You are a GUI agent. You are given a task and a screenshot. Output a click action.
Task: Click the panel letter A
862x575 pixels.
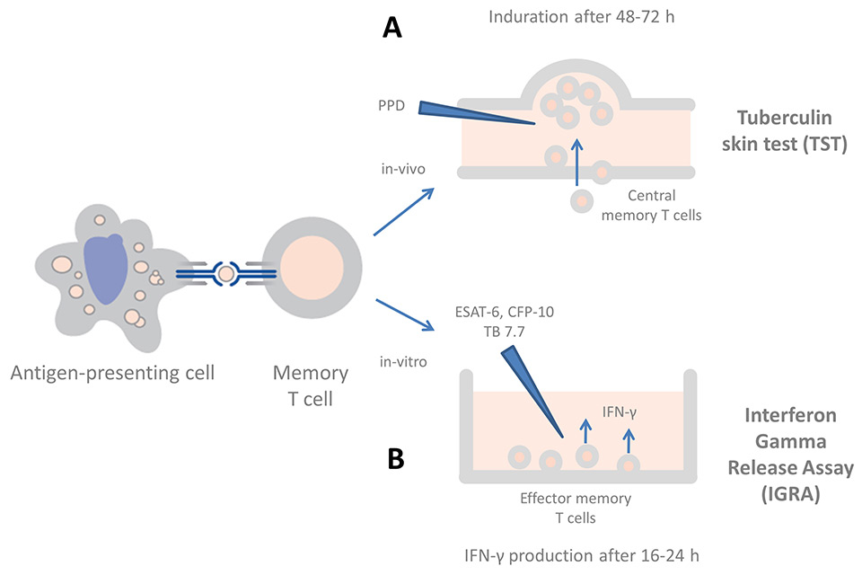click(x=391, y=29)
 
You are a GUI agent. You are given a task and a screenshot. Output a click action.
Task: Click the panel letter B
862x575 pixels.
click(x=396, y=458)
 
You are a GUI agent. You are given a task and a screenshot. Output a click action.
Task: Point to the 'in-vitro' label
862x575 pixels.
click(x=397, y=362)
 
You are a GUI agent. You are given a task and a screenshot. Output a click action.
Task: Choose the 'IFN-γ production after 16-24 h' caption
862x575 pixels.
click(x=582, y=554)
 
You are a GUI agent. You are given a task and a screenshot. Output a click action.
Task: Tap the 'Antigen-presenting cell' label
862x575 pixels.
click(x=112, y=372)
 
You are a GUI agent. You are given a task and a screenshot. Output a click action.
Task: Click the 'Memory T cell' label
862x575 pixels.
click(x=311, y=385)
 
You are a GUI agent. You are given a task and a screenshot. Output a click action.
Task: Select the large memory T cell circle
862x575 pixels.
click(x=312, y=271)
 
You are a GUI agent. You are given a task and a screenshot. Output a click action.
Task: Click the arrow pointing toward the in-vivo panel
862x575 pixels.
click(x=403, y=213)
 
